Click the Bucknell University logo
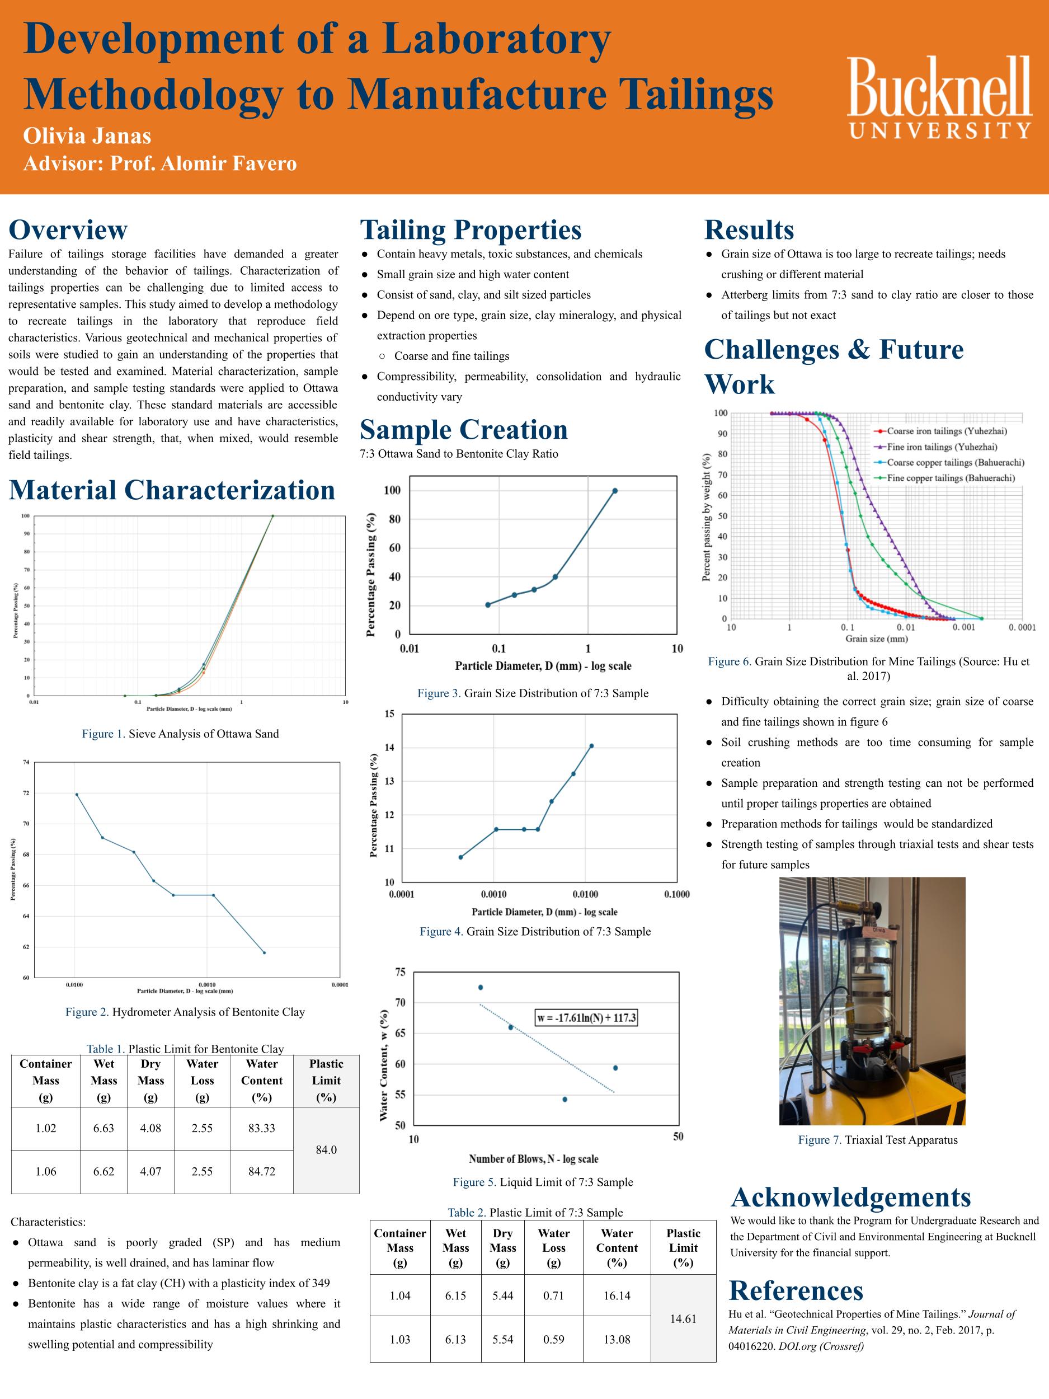939,97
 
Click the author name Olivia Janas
87,135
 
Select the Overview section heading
68,229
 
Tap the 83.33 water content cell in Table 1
262,1128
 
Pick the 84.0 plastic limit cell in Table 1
326,1149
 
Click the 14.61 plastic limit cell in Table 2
683,1318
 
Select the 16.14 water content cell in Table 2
617,1295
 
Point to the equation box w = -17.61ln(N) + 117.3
586,1017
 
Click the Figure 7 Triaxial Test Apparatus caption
878,1140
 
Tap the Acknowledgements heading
850,1196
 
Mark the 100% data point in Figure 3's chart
615,490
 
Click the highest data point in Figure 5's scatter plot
481,987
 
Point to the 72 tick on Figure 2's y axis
26,793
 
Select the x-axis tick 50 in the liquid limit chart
678,1137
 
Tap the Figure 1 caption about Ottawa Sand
180,734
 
